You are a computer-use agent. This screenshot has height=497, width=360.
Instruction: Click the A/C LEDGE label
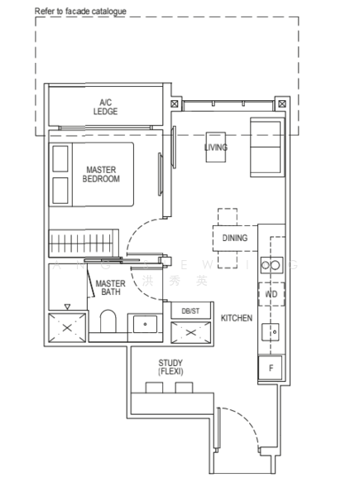[x=104, y=107]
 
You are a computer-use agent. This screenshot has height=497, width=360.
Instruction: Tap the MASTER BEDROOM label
[x=103, y=174]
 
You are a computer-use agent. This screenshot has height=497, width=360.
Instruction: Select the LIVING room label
[x=216, y=147]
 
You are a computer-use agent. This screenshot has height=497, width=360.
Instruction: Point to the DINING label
[x=235, y=239]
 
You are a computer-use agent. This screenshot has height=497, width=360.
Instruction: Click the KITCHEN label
[x=236, y=318]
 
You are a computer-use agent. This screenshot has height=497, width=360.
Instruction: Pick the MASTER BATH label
[x=110, y=289]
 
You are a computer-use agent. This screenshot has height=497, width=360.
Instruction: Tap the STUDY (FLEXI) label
[x=170, y=368]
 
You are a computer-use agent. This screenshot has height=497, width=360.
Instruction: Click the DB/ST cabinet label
[x=190, y=310]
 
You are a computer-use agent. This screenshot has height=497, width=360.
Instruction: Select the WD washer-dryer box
[x=271, y=294]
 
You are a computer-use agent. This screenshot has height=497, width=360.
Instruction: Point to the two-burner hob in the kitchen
[x=271, y=265]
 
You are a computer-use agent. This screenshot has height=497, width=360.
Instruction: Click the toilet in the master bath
[x=108, y=323]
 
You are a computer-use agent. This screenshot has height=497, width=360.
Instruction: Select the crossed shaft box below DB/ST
[x=190, y=332]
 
